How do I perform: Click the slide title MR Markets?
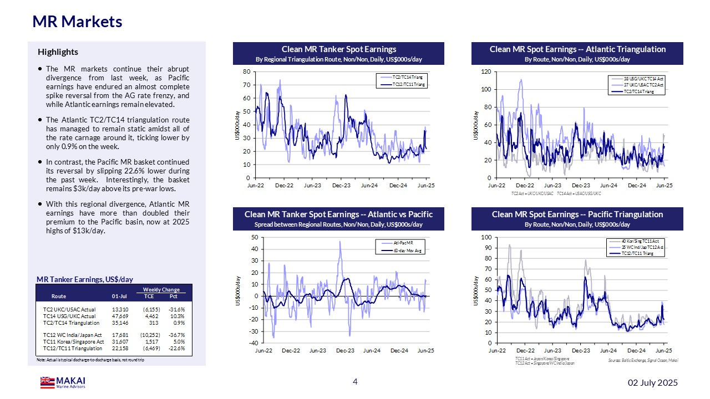coord(77,22)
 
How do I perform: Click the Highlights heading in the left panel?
coord(58,52)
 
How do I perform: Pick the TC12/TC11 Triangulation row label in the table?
coord(73,349)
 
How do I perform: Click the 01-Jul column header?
coord(119,296)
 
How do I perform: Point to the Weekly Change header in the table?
coord(161,289)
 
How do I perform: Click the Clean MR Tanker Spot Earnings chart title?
coord(339,49)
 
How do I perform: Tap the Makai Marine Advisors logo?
coord(63,382)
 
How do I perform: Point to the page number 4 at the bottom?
coord(356,381)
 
